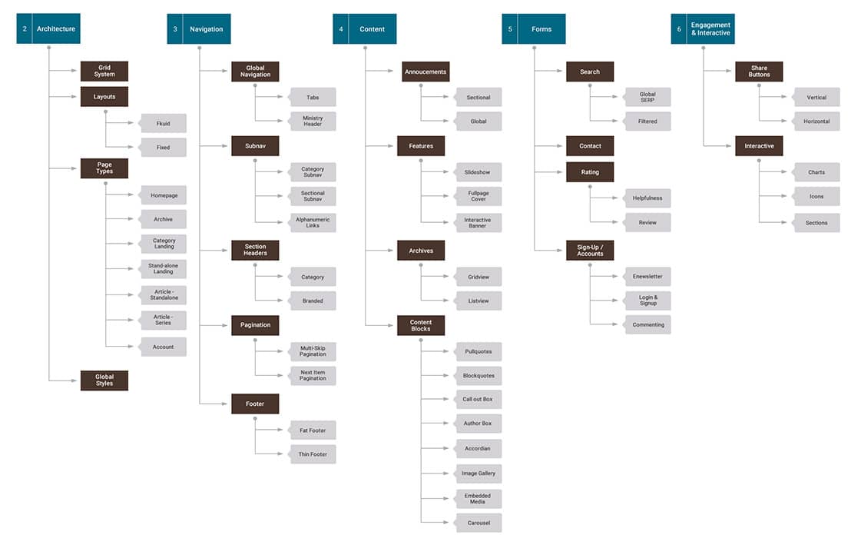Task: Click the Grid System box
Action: pyautogui.click(x=104, y=71)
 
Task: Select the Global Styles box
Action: pyautogui.click(x=104, y=381)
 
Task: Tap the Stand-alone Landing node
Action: pyautogui.click(x=163, y=269)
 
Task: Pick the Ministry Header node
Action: pyautogui.click(x=312, y=121)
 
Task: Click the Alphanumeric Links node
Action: pyautogui.click(x=312, y=223)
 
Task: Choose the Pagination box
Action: pyautogui.click(x=255, y=325)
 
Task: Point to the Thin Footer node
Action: pyautogui.click(x=312, y=454)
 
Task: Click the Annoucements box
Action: pyautogui.click(x=426, y=71)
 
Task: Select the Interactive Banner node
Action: pyautogui.click(x=478, y=223)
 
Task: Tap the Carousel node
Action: pyautogui.click(x=478, y=523)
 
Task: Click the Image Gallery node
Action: pyautogui.click(x=478, y=473)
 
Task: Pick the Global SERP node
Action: pyautogui.click(x=647, y=98)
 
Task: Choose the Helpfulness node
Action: pyautogui.click(x=647, y=198)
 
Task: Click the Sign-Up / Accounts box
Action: pyautogui.click(x=590, y=251)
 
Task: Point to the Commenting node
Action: pyautogui.click(x=647, y=324)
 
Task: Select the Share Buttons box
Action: pyautogui.click(x=759, y=71)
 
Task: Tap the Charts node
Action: pyautogui.click(x=816, y=172)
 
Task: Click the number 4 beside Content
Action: pyautogui.click(x=340, y=28)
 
